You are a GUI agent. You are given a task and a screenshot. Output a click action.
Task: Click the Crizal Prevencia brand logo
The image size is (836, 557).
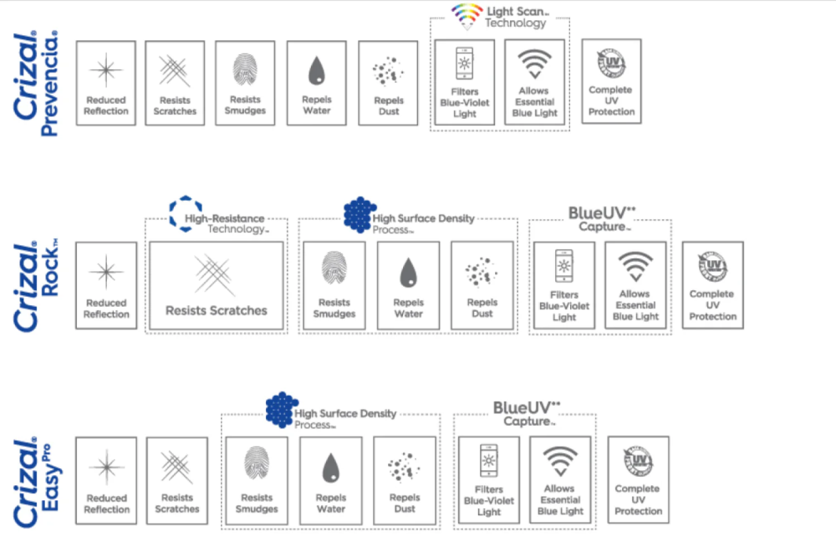(36, 84)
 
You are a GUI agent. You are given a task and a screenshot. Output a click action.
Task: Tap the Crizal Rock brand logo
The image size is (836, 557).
(36, 285)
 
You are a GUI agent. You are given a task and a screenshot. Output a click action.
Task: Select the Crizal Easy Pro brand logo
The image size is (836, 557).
(36, 481)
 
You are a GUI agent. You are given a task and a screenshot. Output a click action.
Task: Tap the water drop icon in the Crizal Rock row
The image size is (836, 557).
(408, 273)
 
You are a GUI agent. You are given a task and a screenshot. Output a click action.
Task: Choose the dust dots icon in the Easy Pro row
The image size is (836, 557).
(404, 468)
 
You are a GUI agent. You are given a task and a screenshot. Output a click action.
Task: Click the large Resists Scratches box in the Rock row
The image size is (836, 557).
(216, 284)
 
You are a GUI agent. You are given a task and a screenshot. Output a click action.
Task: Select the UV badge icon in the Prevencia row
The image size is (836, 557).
(610, 63)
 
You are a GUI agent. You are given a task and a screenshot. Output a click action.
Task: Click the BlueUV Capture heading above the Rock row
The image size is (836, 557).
(599, 218)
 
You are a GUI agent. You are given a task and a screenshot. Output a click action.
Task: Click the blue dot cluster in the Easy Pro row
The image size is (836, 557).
(282, 409)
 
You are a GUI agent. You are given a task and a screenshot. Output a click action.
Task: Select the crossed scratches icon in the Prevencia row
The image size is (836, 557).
(176, 70)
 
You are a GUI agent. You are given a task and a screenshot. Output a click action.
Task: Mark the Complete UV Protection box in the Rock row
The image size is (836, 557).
(712, 285)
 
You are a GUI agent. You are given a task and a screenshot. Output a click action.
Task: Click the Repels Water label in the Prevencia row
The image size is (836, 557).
(316, 105)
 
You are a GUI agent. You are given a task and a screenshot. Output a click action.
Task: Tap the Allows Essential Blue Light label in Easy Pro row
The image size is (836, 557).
(560, 499)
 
